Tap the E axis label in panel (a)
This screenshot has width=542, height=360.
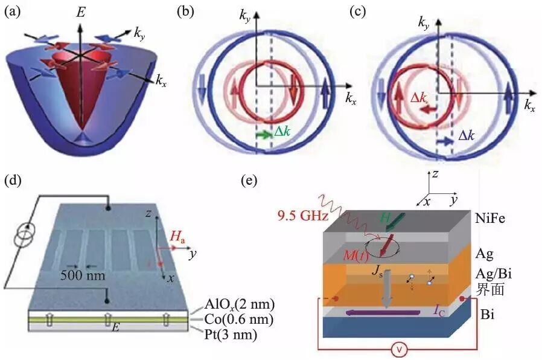80,11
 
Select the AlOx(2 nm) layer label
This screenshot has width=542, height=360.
229,304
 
